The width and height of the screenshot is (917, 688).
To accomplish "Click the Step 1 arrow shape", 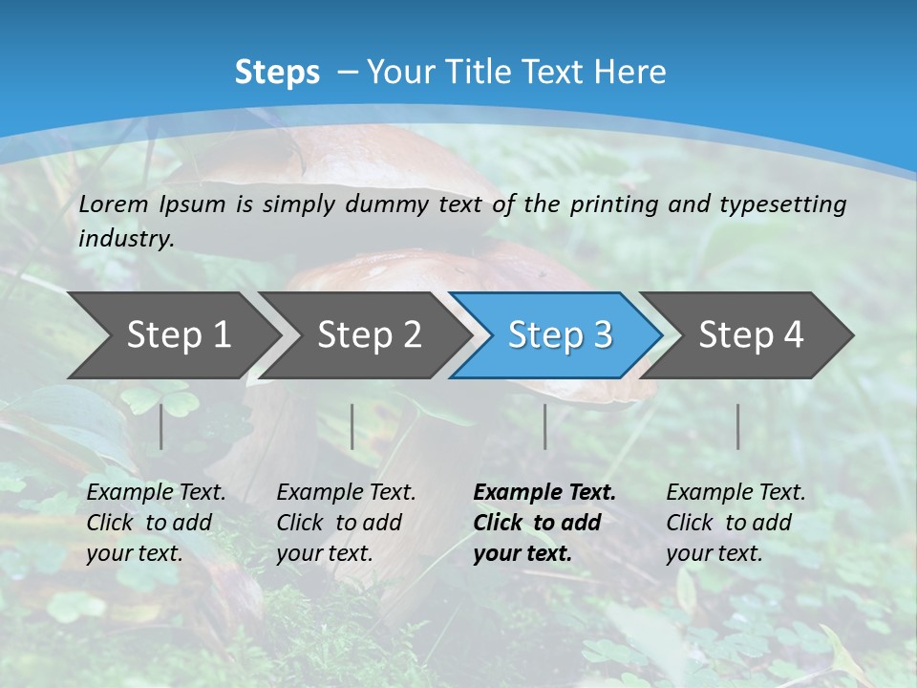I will click(x=177, y=335).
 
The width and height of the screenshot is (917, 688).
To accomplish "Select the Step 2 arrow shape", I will click(x=368, y=335).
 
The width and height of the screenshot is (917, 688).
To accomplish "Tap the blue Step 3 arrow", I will click(x=559, y=335).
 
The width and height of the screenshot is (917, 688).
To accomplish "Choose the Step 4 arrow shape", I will click(x=750, y=335).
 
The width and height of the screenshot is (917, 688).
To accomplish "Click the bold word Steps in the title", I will click(x=277, y=73).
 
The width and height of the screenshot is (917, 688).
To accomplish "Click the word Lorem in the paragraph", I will click(x=114, y=204).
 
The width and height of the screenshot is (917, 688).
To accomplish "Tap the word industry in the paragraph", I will click(x=125, y=239).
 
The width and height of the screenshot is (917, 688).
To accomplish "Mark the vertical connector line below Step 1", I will click(x=161, y=426).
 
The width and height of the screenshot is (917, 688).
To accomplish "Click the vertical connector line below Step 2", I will click(x=352, y=426).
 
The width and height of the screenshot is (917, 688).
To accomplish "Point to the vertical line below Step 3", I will click(x=545, y=426).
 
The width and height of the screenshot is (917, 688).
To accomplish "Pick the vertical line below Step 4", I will click(x=738, y=426).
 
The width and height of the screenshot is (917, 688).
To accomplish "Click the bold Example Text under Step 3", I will click(x=544, y=493).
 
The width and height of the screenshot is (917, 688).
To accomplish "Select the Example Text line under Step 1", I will click(x=156, y=493).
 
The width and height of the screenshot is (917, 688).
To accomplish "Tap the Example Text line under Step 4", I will click(x=736, y=493).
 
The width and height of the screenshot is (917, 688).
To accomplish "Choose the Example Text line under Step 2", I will click(x=346, y=493).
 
